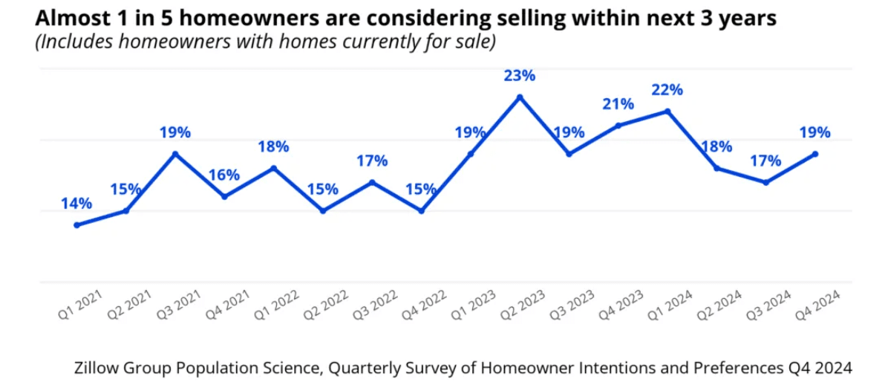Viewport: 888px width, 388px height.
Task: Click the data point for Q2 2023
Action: pos(520,97)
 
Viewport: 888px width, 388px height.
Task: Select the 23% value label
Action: pos(520,76)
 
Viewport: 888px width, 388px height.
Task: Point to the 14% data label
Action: pos(76,204)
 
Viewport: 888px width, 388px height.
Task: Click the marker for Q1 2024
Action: pos(667,111)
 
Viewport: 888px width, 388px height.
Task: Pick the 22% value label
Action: pos(667,90)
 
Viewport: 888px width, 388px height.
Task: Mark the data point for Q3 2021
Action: pos(175,154)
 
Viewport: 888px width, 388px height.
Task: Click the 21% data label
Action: pos(618,104)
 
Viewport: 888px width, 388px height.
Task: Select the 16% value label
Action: pos(224,175)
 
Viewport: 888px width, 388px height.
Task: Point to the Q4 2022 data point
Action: pos(422,211)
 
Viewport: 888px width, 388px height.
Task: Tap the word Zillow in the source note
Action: pos(94,367)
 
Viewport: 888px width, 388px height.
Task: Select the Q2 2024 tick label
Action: pos(718,305)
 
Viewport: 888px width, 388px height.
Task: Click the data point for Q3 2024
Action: pos(766,182)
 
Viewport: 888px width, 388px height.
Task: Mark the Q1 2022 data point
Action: pos(273,168)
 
